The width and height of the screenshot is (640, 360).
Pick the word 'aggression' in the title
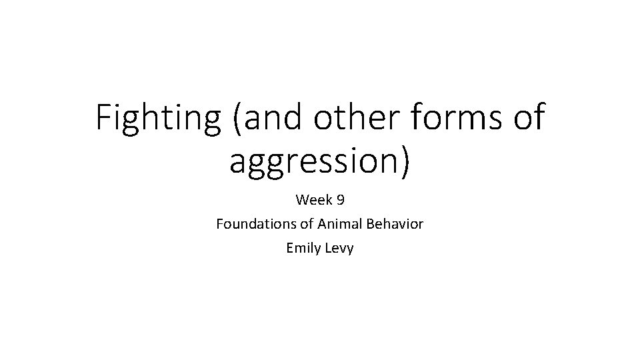tap(313, 162)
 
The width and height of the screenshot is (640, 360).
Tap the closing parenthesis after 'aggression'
tap(404, 162)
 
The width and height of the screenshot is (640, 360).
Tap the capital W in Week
tap(302, 200)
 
